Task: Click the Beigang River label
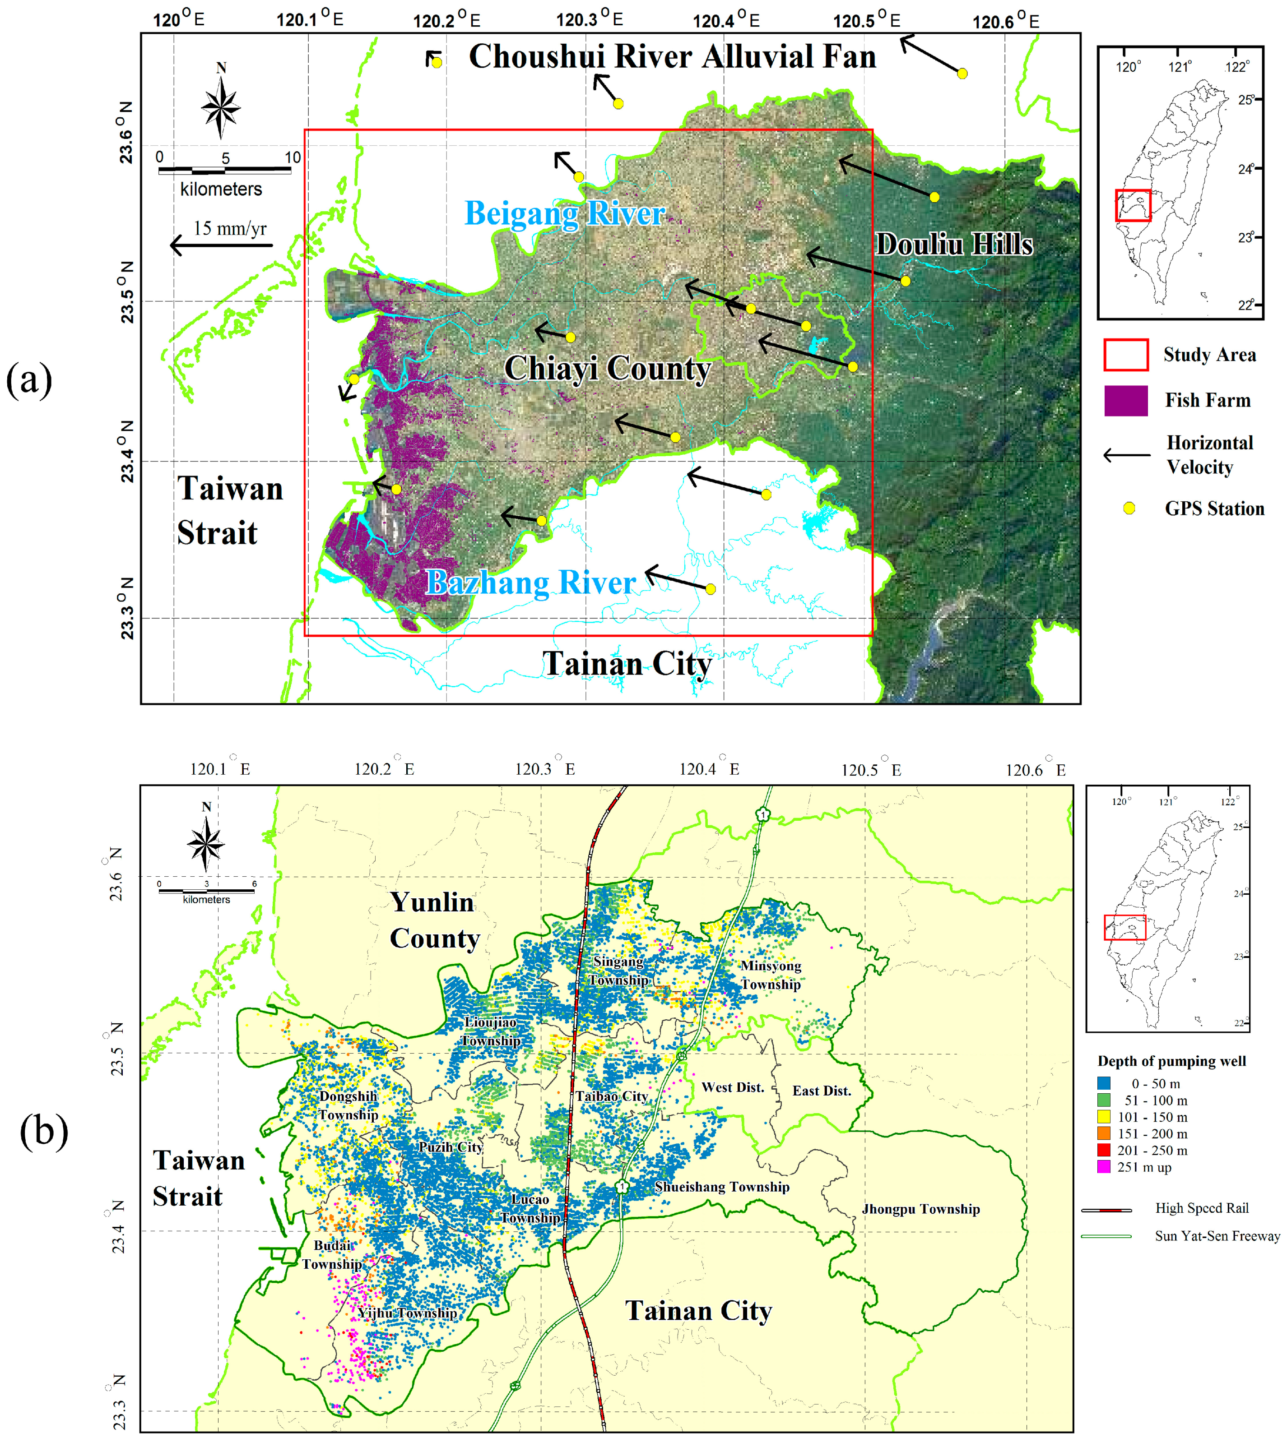[x=565, y=213]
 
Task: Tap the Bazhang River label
[x=530, y=582]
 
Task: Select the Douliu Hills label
[x=953, y=244]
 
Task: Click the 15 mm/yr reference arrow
[x=221, y=245]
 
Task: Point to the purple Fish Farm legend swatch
[x=1125, y=401]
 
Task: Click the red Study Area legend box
[x=1125, y=355]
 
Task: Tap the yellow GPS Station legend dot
[x=1129, y=509]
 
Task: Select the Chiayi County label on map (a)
[x=607, y=369]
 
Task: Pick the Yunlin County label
[x=434, y=920]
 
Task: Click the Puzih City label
[x=451, y=1147]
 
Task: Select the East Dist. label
[x=822, y=1091]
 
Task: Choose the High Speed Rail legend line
[x=1106, y=1210]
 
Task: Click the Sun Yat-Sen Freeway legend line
[x=1106, y=1236]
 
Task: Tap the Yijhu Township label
[x=407, y=1313]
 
